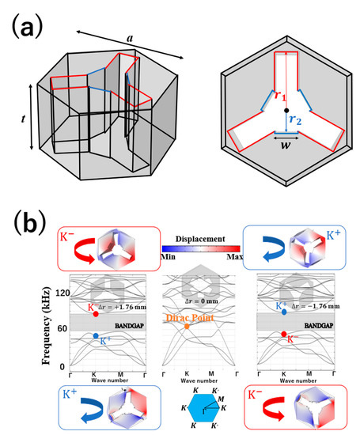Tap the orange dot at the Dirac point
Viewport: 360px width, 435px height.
tap(186, 326)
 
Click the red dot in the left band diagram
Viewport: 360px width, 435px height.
tap(95, 314)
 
